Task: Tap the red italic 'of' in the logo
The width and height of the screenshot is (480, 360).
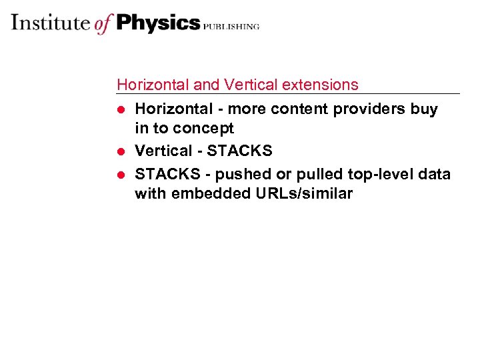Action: (x=103, y=24)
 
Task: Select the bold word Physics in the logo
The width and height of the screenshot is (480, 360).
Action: (x=157, y=23)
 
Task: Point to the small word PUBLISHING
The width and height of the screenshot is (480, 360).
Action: (x=231, y=27)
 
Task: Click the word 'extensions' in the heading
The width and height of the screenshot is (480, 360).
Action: (x=320, y=85)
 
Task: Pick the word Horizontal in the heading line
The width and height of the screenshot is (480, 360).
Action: (x=153, y=85)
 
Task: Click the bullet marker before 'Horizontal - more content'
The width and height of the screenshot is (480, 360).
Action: (x=121, y=109)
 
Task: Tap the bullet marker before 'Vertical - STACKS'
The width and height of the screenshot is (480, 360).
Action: (x=121, y=152)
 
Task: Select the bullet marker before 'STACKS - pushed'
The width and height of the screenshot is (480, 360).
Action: (x=121, y=174)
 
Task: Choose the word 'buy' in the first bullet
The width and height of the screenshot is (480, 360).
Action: (x=424, y=109)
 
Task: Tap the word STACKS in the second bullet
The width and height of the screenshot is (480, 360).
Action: (x=241, y=151)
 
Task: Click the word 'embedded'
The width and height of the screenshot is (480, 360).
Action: (x=204, y=194)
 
